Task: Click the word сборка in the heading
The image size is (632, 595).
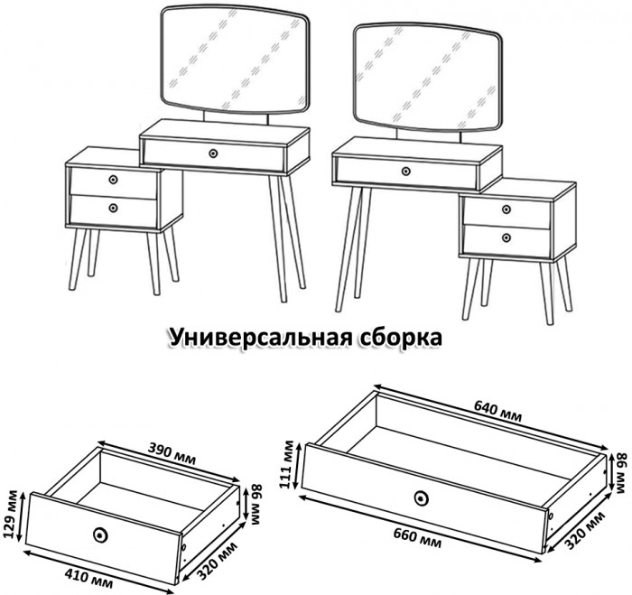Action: [x=403, y=338]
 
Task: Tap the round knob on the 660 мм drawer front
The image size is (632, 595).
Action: [x=420, y=497]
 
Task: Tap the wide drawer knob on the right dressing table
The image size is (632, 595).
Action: [x=406, y=170]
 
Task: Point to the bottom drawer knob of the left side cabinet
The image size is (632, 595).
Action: [x=113, y=208]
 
